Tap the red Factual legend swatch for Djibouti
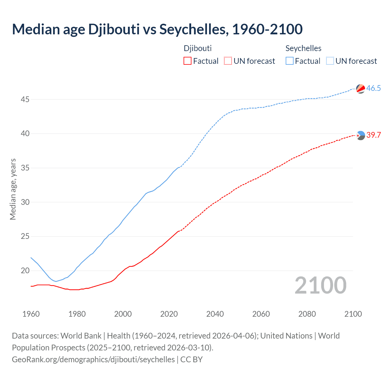(x=188, y=61)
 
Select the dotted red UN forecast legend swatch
(x=228, y=61)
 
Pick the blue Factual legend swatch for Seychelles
(x=290, y=61)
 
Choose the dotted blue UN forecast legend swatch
(x=330, y=61)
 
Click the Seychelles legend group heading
(x=303, y=48)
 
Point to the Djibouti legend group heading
(x=198, y=48)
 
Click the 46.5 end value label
(x=374, y=88)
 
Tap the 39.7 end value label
(x=374, y=135)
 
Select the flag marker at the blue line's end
(x=361, y=89)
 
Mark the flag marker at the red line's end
(x=361, y=136)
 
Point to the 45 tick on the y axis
(x=25, y=99)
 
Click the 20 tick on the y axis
(x=25, y=270)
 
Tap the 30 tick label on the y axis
(x=25, y=202)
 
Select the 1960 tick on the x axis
(x=31, y=314)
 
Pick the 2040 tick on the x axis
(x=215, y=314)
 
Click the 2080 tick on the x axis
(x=307, y=314)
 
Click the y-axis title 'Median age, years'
(x=13, y=189)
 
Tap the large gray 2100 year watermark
(x=321, y=285)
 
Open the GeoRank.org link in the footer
(x=93, y=360)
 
